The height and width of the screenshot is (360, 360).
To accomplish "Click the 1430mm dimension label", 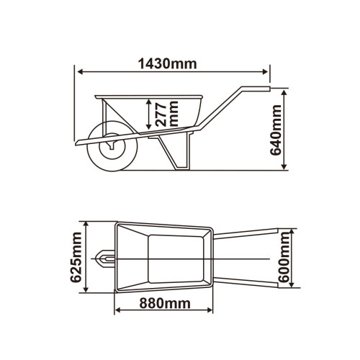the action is (x=168, y=64).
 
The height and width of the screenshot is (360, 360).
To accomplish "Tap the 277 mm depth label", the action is (x=166, y=113).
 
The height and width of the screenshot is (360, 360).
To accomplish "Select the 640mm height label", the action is (x=276, y=130).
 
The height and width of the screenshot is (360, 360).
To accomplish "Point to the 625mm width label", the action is (x=76, y=257).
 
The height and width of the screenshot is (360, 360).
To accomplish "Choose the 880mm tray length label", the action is (x=165, y=303).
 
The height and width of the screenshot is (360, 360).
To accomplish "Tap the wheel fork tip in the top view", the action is (x=97, y=258).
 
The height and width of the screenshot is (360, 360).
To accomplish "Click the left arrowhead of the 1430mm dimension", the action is (x=81, y=72).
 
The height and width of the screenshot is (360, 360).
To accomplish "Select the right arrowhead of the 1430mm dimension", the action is (x=265, y=72).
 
